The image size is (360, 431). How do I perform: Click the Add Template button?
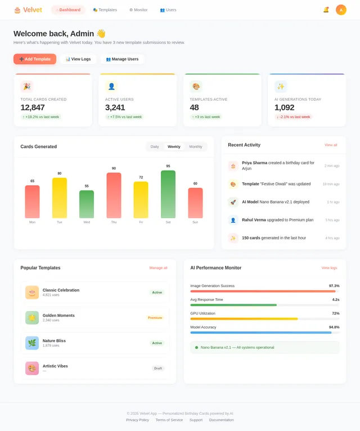click(35, 59)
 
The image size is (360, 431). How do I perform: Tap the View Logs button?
click(78, 59)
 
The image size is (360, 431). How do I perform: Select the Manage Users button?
click(122, 59)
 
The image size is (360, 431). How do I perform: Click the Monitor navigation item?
click(138, 10)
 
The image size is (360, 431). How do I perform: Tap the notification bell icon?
click(326, 10)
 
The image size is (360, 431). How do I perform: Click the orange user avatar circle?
click(341, 10)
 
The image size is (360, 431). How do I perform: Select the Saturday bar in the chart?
click(168, 194)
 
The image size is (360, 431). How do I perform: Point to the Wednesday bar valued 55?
click(87, 204)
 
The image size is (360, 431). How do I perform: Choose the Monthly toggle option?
click(196, 147)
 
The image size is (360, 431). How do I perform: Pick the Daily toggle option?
click(155, 147)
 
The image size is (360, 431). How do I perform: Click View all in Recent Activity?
click(331, 145)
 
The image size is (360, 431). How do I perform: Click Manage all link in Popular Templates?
click(158, 268)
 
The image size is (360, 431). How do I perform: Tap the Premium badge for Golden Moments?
click(155, 318)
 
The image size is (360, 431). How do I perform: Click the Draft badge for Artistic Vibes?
click(158, 369)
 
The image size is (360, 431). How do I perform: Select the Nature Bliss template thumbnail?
click(32, 343)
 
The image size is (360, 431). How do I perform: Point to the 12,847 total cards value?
click(33, 107)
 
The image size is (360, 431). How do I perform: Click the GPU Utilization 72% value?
click(335, 313)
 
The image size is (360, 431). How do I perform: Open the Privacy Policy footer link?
click(137, 420)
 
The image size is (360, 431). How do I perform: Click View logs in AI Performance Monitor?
click(329, 268)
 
